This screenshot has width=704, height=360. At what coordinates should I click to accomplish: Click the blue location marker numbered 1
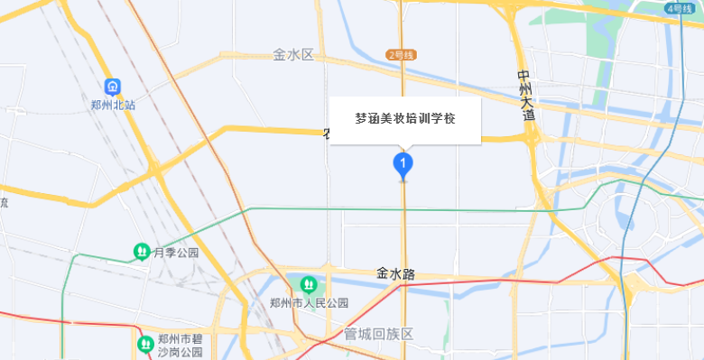[x=403, y=165]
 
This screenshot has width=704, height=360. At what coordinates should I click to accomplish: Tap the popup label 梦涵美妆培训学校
[x=404, y=118]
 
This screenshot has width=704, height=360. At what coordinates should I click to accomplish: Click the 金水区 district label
[x=292, y=55]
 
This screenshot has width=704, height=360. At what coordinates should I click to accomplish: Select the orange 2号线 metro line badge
[x=400, y=55]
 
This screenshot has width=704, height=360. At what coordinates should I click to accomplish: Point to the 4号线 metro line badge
[x=678, y=8]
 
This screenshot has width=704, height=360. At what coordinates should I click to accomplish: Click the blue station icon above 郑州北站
[x=113, y=87]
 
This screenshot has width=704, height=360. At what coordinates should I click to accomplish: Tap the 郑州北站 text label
[x=113, y=105]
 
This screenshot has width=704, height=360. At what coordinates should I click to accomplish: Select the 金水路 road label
[x=395, y=273]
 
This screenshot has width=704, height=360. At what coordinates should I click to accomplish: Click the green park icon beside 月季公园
[x=141, y=251]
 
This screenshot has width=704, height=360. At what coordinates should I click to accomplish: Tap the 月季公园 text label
[x=176, y=253]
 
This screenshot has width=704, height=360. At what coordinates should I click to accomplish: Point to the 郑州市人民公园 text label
[x=310, y=304]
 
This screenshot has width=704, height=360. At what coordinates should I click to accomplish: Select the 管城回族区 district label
[x=378, y=334]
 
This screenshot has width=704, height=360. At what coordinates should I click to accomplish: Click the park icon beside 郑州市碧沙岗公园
[x=144, y=344]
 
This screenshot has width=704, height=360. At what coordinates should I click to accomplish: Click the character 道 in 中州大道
[x=527, y=115]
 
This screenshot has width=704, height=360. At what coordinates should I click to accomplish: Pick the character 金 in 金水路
[x=383, y=273]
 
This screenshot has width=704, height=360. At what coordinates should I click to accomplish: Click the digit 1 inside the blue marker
[x=403, y=163]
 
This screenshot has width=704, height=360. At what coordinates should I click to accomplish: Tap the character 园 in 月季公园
[x=192, y=253]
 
